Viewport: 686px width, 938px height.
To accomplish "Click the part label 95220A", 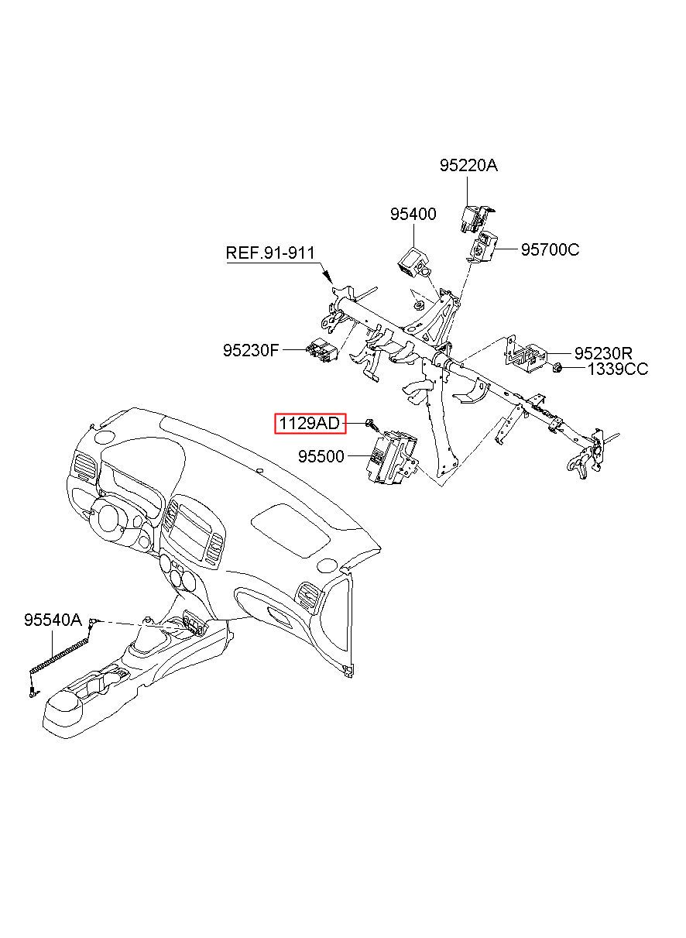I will tap(468, 166).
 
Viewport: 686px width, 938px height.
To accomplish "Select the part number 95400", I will tap(413, 215).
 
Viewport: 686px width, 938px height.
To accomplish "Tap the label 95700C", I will tap(550, 249).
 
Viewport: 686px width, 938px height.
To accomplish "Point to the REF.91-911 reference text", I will tap(270, 253).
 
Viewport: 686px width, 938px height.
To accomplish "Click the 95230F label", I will tap(251, 351).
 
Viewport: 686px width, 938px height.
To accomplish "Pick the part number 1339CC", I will tap(617, 369).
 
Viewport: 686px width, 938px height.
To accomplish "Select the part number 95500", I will tap(321, 458).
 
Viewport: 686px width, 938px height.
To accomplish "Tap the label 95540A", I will tap(53, 620).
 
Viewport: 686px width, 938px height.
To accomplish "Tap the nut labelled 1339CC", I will tap(558, 366).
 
